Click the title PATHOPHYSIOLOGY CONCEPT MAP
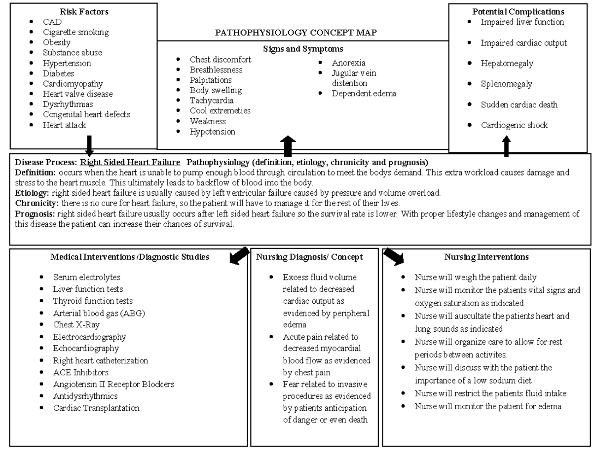click(296, 33)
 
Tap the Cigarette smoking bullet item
click(76, 32)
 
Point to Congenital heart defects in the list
click(86, 114)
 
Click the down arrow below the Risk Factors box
click(89, 145)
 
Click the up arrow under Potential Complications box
click(506, 147)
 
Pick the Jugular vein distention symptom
click(354, 78)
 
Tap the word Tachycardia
click(212, 101)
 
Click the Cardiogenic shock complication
click(514, 125)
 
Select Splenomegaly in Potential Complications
click(506, 84)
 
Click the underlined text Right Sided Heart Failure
click(130, 162)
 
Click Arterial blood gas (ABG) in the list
click(99, 313)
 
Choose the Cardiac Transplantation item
click(96, 408)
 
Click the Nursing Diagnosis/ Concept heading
click(309, 257)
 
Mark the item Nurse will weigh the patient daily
click(475, 278)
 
